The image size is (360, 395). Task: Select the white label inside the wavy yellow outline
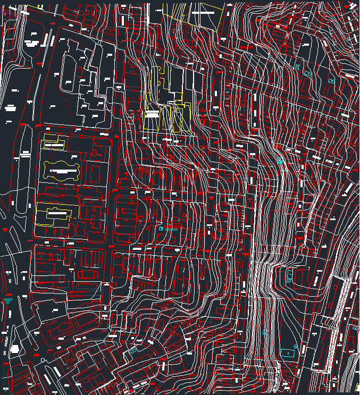62,171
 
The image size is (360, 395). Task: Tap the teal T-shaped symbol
8,301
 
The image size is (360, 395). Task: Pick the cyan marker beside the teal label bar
161,228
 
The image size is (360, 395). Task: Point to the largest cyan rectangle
288,352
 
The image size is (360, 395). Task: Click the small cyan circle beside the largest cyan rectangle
295,346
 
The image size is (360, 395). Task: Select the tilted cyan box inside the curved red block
132,350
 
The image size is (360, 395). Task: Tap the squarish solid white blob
14,349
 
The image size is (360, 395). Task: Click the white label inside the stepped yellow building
58,214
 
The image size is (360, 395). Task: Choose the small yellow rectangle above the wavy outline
54,144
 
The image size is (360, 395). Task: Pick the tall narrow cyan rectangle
290,276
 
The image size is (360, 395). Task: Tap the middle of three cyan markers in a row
307,73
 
